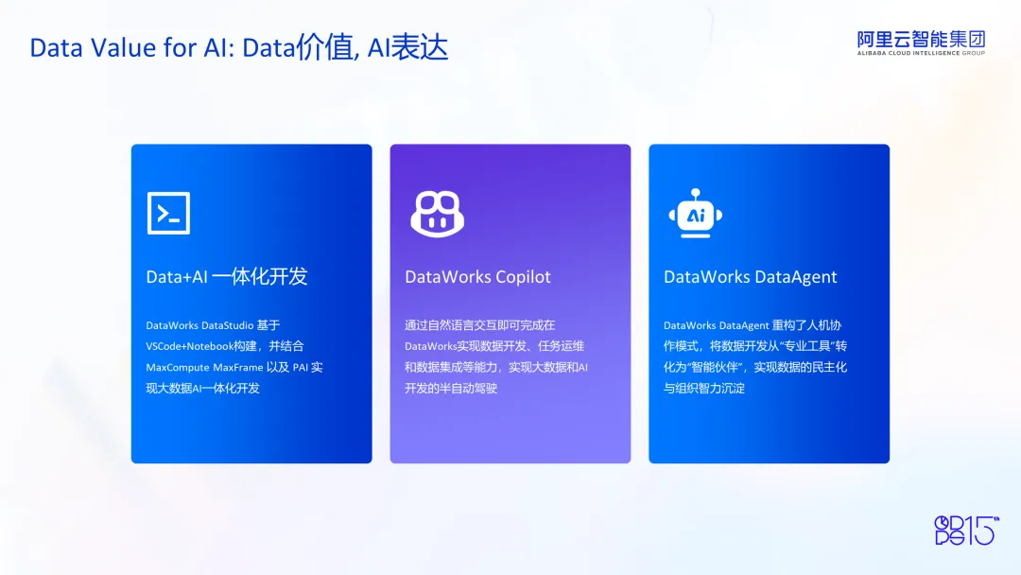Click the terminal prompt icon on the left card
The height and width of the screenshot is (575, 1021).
pos(168,213)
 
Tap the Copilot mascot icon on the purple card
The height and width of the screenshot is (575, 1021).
pos(437,215)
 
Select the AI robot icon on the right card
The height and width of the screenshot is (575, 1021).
pos(696,213)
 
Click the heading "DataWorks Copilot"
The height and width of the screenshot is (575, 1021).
pos(477,277)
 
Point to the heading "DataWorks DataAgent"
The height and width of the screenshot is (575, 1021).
pos(750,277)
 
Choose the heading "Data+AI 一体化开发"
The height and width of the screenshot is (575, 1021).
pos(227,277)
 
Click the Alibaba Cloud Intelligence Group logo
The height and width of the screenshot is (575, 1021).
pos(921,43)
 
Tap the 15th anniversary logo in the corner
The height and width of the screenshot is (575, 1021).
pos(966,530)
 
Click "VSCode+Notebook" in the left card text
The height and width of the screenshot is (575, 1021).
pos(189,346)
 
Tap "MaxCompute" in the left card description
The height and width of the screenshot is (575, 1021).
pos(177,368)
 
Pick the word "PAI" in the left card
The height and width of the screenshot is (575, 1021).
pos(301,367)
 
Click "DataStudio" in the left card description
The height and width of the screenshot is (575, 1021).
pos(227,325)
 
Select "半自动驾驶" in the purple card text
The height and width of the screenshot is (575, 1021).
pos(469,388)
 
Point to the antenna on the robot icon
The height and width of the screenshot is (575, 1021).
pos(696,195)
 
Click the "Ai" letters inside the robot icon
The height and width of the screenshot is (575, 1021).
pos(696,215)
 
